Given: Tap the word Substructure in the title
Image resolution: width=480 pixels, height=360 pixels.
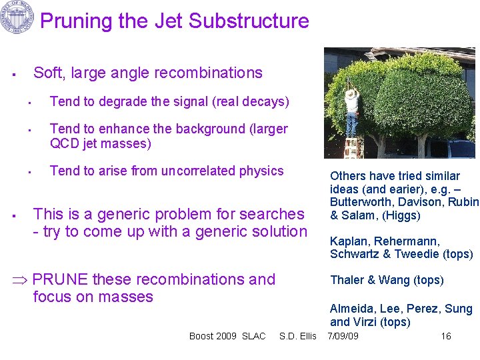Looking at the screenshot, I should tap(249, 21).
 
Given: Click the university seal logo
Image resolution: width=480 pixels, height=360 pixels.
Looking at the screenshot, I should tap(17, 18).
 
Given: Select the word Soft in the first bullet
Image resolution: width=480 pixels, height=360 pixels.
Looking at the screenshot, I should tap(48, 73).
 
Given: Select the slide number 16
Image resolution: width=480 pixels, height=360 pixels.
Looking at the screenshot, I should tap(446, 336).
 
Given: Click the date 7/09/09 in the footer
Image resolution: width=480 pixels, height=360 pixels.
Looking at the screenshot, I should tap(343, 336).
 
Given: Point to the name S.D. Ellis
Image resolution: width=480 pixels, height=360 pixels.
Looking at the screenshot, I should tap(298, 336).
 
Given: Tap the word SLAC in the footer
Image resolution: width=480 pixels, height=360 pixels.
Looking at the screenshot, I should tap(253, 336).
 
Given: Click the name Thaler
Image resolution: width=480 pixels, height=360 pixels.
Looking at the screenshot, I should tap(346, 280).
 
